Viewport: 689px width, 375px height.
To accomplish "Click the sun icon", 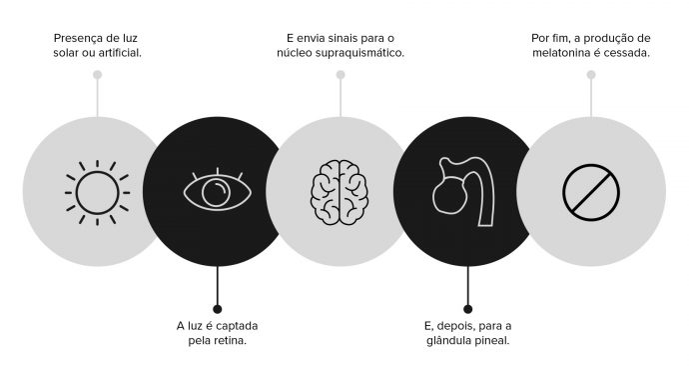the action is click(97, 191).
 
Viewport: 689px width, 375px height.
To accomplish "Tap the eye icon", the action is click(218, 190).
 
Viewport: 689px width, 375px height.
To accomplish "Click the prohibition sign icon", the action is click(591, 191).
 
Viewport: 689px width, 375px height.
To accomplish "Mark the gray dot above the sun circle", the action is click(97, 75).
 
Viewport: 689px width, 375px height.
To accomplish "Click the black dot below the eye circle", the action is click(218, 308).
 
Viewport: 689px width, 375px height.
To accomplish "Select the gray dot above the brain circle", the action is click(341, 75).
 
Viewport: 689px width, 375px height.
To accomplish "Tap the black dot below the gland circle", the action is click(467, 308).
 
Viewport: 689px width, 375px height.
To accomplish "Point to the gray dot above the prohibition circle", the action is click(591, 75).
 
